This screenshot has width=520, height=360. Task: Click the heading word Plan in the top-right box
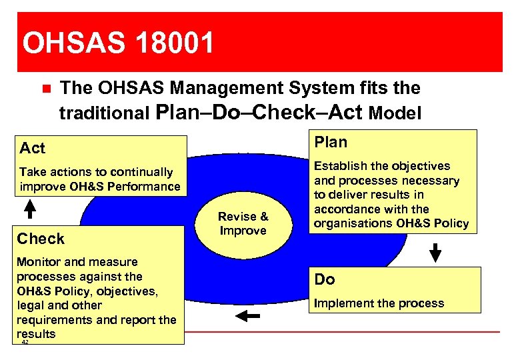(x=331, y=142)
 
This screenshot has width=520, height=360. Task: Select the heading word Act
(x=33, y=147)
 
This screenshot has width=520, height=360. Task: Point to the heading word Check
(x=41, y=239)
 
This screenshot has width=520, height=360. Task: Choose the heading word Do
(x=325, y=279)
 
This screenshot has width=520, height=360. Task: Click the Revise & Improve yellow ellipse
(x=243, y=224)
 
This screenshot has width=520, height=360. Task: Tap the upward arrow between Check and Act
(x=30, y=209)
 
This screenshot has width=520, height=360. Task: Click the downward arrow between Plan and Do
(x=435, y=253)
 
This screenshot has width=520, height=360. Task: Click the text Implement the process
(x=379, y=303)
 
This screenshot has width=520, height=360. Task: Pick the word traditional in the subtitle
(x=104, y=114)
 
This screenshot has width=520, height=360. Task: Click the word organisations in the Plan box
(x=353, y=223)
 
